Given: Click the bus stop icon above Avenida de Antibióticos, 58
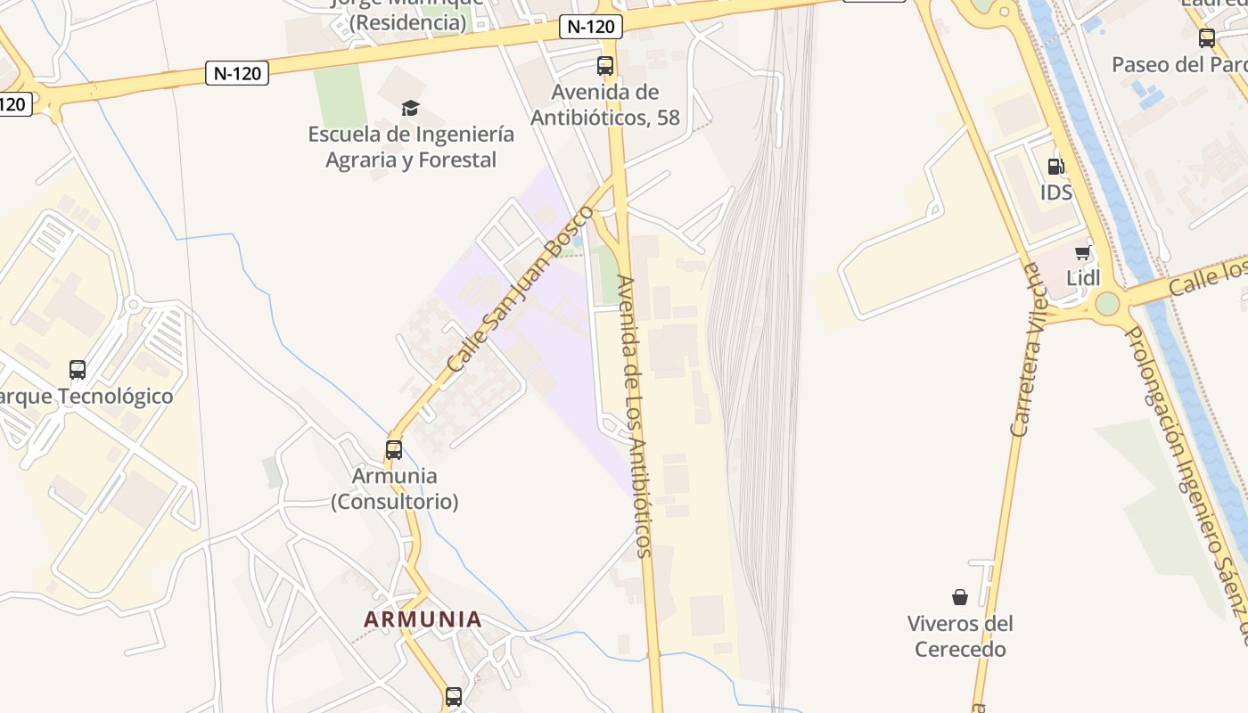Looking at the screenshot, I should click(x=605, y=65).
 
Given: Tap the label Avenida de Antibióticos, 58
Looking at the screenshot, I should click(x=605, y=104).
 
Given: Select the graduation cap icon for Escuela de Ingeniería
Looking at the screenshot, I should click(x=410, y=109).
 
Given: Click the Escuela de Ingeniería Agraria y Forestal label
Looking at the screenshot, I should click(x=411, y=147).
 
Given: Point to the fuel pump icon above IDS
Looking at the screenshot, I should click(x=1055, y=166).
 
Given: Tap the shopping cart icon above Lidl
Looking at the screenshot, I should click(x=1083, y=252).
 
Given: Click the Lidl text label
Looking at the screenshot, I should click(x=1083, y=277).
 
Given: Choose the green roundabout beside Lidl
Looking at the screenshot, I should click(x=1107, y=304).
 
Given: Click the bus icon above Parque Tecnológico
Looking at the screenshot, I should click(x=78, y=369).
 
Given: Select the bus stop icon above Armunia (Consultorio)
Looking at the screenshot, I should click(x=394, y=449).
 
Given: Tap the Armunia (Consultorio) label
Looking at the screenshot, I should click(x=394, y=488).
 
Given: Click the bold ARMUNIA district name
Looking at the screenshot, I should click(x=423, y=619).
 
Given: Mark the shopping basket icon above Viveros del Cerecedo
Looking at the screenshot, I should click(x=960, y=596).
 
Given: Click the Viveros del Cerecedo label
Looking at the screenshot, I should click(x=960, y=635).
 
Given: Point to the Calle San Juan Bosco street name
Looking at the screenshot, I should click(x=520, y=290).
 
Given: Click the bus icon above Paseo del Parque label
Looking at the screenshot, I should click(x=1207, y=38).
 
